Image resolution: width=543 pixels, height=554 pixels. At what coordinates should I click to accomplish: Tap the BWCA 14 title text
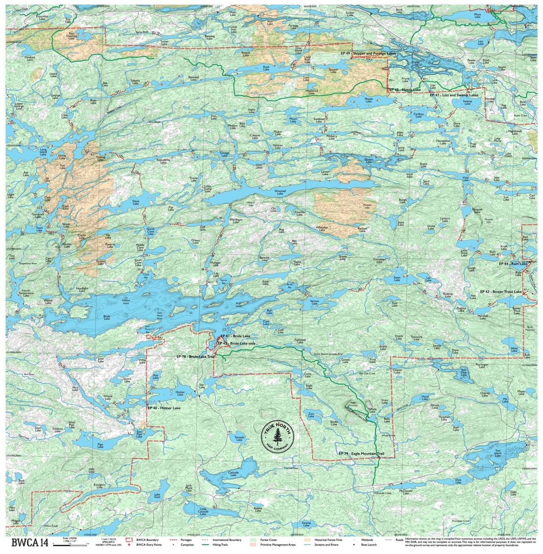coord(30,542)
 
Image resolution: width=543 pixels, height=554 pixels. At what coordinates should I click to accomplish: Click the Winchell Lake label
coord(280,192)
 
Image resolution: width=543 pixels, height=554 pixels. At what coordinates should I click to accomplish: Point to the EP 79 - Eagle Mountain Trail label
coord(361,454)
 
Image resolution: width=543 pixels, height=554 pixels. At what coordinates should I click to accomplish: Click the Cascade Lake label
coord(233,474)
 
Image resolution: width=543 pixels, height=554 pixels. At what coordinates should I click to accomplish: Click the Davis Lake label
coord(136,202)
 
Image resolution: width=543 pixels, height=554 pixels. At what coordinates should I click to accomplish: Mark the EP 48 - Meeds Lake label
coord(405,90)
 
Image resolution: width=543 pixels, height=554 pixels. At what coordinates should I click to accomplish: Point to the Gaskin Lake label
coord(369,160)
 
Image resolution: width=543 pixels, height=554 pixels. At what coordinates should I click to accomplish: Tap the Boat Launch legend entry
coord(369,545)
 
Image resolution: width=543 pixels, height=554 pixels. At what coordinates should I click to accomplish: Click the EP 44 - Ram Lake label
coord(513,264)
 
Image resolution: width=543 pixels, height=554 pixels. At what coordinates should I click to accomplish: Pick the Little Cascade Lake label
coord(203,511)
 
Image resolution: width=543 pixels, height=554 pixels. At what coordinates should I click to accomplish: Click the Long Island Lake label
coord(43,152)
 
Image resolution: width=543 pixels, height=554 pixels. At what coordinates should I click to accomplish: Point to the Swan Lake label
coord(397,279)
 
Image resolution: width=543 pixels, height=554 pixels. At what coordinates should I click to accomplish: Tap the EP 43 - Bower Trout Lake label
coord(501,292)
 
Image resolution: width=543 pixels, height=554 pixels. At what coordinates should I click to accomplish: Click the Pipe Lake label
coord(100,446)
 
